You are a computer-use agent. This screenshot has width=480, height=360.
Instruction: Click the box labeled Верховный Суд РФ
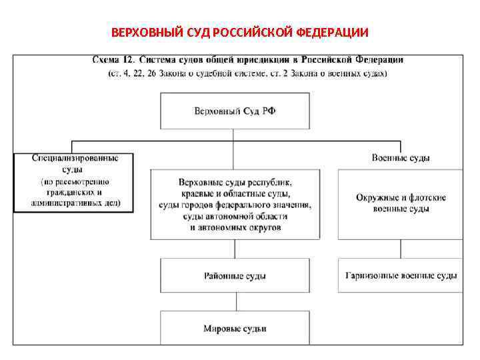pyautogui.click(x=234, y=111)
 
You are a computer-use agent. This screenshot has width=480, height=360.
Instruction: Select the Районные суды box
pyautogui.click(x=234, y=275)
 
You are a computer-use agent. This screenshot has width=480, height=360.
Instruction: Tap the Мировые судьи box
pyautogui.click(x=234, y=328)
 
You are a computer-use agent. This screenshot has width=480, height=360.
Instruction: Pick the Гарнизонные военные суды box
pyautogui.click(x=401, y=275)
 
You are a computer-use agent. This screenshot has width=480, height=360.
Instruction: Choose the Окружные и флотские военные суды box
pyautogui.click(x=401, y=203)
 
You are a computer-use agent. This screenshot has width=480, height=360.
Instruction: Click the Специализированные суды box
pyautogui.click(x=73, y=182)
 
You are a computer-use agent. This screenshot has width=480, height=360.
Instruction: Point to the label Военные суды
pyautogui.click(x=400, y=158)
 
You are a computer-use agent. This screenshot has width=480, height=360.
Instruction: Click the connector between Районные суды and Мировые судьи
pyautogui.click(x=234, y=301)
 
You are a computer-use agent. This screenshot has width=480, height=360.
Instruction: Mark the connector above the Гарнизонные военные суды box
pyautogui.click(x=401, y=249)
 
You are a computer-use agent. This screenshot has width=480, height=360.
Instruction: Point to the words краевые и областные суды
pyautogui.click(x=234, y=193)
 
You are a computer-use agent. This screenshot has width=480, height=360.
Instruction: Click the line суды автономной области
pyautogui.click(x=234, y=216)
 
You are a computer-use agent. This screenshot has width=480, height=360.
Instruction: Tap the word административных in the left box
pyautogui.click(x=75, y=202)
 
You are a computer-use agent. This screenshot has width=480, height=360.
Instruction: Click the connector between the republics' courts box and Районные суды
pyautogui.click(x=234, y=249)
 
